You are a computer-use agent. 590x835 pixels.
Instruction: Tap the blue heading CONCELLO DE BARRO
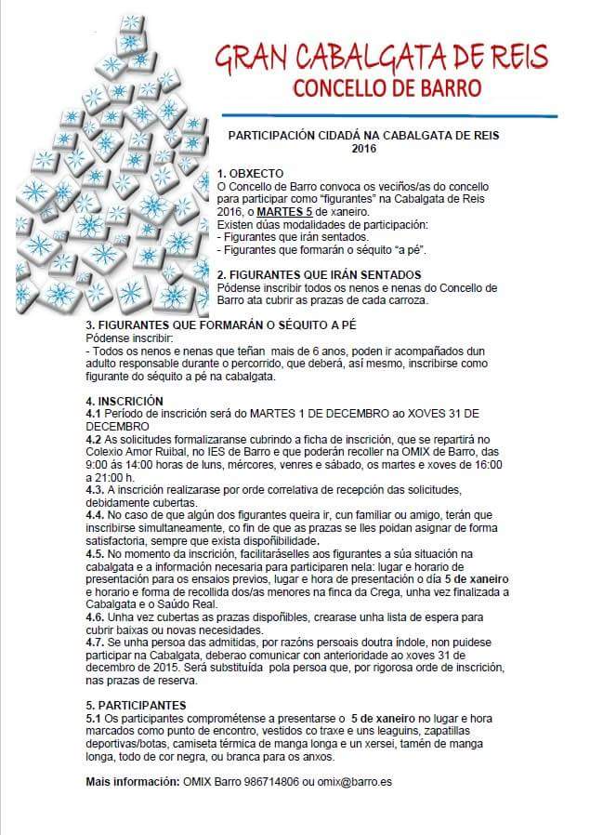point(387,90)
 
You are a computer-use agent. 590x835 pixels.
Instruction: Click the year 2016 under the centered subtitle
point(363,148)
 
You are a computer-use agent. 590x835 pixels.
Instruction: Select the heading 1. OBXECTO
point(250,174)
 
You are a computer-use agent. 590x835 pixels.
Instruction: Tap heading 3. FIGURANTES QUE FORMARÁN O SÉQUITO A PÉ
point(220,325)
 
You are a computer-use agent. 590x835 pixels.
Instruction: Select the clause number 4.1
point(93,412)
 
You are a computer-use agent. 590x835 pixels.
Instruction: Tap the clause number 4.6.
point(95,616)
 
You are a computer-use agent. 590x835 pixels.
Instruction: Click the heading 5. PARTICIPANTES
point(136,705)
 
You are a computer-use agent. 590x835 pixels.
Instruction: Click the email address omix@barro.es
point(354,782)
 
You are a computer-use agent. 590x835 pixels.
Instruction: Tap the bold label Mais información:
point(133,782)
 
